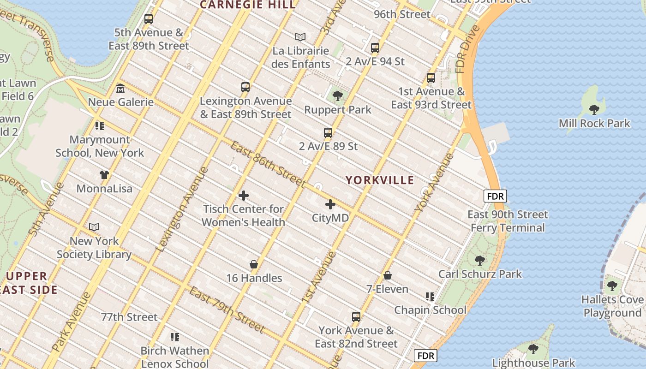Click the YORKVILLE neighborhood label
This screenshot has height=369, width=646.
click(x=380, y=180)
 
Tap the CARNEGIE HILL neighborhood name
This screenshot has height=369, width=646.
click(x=247, y=5)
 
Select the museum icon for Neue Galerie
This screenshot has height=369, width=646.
click(x=120, y=88)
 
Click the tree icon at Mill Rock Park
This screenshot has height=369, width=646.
click(x=594, y=109)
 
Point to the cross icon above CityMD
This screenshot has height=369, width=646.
click(x=330, y=204)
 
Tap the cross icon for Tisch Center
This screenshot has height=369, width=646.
click(x=244, y=196)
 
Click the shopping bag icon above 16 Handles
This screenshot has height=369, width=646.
click(x=253, y=264)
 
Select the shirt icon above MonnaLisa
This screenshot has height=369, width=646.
click(x=104, y=175)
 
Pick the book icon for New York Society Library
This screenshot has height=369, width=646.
click(x=94, y=227)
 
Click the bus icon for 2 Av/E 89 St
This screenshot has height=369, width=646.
click(x=328, y=133)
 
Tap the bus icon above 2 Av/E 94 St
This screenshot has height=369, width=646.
click(x=375, y=48)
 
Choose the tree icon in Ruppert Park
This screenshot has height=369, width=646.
click(x=338, y=96)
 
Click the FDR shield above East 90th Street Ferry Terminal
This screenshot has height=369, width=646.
click(x=495, y=196)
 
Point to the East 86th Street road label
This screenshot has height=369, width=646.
click(x=268, y=164)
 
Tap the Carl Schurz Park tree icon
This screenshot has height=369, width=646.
click(x=480, y=260)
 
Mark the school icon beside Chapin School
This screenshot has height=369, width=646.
click(x=430, y=296)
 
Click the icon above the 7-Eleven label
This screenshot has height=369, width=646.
click(x=388, y=275)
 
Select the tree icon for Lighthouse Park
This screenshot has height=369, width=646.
click(x=533, y=349)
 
